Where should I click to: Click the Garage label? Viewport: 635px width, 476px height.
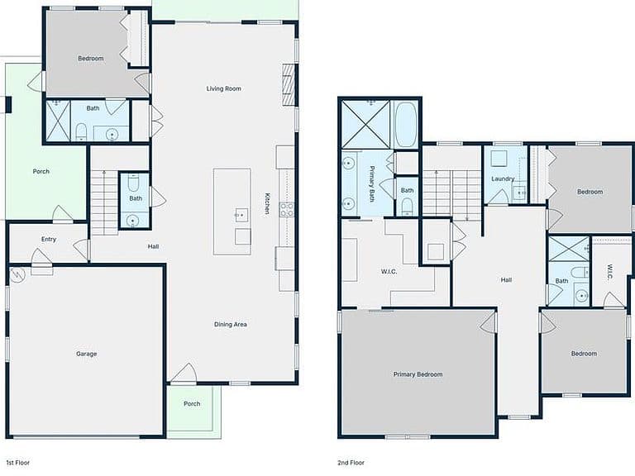[x=87, y=354]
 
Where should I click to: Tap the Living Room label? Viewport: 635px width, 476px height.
[x=223, y=88]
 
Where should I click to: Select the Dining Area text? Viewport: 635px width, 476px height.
[x=231, y=324]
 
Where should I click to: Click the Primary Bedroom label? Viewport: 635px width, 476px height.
[x=418, y=374]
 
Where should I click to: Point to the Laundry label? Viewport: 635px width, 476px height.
[x=503, y=178]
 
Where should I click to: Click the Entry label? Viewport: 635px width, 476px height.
[x=49, y=239]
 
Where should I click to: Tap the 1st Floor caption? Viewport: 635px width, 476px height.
[x=18, y=462]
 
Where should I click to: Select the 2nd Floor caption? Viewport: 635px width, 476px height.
[x=351, y=462]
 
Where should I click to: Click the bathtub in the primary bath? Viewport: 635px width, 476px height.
[x=406, y=124]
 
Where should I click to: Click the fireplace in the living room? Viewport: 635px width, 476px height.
[x=287, y=84]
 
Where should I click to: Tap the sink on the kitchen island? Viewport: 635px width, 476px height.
[x=241, y=215]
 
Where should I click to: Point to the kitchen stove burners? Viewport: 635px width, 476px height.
[x=287, y=209]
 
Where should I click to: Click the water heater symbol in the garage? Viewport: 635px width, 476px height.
[x=18, y=275]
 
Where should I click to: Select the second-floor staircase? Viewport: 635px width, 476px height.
[x=452, y=193]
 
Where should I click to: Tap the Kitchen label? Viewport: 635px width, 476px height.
[x=267, y=203]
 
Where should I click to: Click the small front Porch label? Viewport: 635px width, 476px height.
[x=192, y=403]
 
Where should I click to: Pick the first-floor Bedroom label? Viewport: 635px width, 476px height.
[x=91, y=59]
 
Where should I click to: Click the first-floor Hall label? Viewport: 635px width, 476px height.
[x=153, y=246]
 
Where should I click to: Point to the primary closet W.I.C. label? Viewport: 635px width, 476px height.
[x=389, y=272]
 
